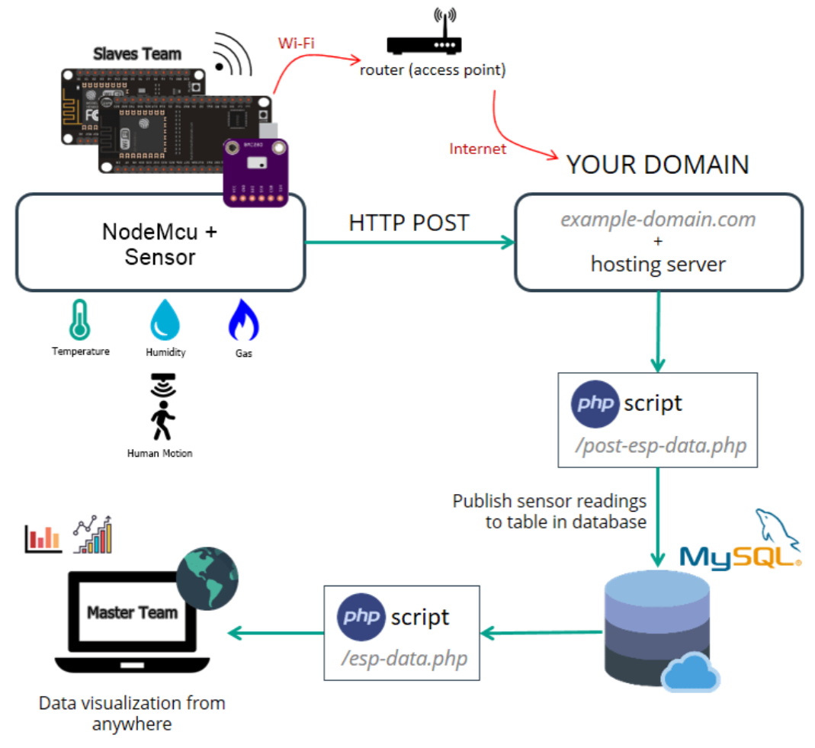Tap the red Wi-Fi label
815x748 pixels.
(x=296, y=43)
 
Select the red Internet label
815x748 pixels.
(x=478, y=149)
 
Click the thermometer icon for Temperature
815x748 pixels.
(x=79, y=319)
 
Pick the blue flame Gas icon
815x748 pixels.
(x=244, y=319)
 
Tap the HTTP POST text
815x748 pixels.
(x=409, y=223)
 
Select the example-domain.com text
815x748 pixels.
(x=658, y=220)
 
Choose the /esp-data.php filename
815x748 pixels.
(x=404, y=657)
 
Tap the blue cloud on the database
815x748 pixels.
(x=691, y=672)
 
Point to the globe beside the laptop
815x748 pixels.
(x=207, y=578)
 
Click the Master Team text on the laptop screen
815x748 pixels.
(x=132, y=612)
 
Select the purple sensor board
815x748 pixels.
(x=255, y=172)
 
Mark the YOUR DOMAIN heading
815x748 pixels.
(x=657, y=165)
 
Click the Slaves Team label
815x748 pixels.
(x=137, y=54)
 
